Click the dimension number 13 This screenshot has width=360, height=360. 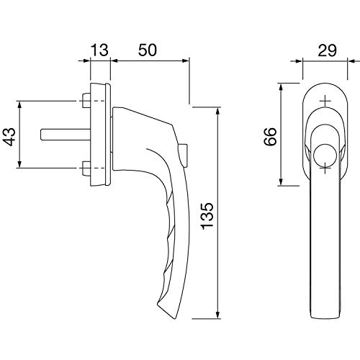point(99,50)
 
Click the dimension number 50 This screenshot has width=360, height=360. point(148,50)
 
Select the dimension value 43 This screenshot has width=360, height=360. point(10,137)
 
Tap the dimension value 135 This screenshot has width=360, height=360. point(207,216)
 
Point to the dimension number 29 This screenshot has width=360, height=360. point(327,50)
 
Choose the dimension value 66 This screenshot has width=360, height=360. point(270,137)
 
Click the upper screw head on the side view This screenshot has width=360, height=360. point(86,101)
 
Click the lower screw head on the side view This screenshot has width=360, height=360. point(86,168)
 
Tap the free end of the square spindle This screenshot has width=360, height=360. point(42,135)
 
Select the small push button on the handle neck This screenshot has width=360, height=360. point(184,156)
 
